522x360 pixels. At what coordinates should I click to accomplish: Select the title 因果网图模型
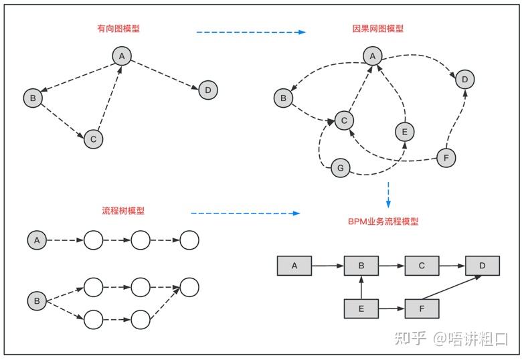(377, 29)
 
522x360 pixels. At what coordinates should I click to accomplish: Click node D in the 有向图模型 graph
(208, 90)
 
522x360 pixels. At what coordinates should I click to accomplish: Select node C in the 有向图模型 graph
(93, 139)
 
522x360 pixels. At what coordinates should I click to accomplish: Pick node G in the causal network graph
(340, 168)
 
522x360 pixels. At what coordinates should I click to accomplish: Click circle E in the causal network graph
(402, 132)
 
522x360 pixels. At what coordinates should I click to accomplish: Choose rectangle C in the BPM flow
(422, 266)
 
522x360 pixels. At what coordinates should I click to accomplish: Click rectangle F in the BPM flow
(422, 308)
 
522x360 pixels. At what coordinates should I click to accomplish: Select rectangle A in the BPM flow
(294, 266)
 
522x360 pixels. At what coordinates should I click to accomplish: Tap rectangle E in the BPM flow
(361, 308)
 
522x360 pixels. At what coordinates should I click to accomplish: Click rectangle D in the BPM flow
(482, 266)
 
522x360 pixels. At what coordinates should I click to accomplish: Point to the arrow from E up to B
(361, 287)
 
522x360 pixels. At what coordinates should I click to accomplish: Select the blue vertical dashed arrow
(388, 194)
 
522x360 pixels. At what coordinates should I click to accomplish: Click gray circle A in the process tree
(37, 240)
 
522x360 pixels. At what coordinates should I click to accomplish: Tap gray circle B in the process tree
(37, 302)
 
